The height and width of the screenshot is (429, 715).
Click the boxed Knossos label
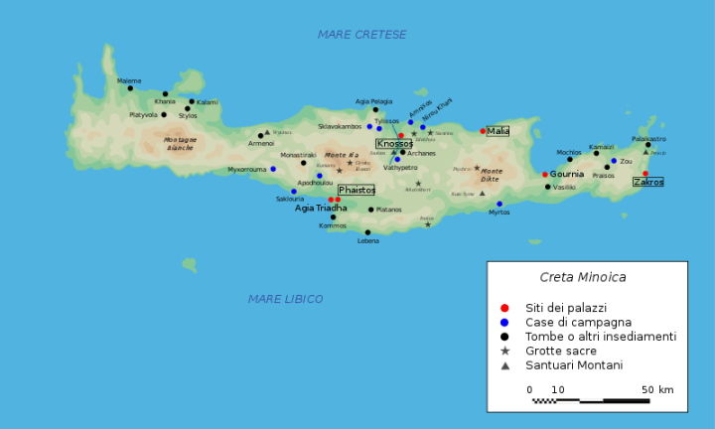tap(394, 143)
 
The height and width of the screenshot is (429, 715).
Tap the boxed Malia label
tap(498, 131)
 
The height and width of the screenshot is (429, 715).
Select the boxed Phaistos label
tap(357, 190)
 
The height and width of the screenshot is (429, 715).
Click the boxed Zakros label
tap(648, 182)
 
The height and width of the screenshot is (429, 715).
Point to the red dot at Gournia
tap(544, 174)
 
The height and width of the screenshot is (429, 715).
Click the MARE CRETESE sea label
tap(361, 35)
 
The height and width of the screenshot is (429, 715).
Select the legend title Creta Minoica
tap(582, 277)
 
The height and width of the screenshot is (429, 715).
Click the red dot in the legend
tap(504, 308)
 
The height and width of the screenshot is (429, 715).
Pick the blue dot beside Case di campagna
tap(504, 323)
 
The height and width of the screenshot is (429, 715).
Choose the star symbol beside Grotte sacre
tap(504, 352)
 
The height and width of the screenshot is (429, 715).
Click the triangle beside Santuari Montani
tap(504, 365)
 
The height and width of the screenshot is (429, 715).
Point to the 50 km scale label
tap(658, 389)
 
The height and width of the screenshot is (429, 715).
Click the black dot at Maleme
tap(130, 88)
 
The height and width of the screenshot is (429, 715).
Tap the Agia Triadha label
tap(321, 209)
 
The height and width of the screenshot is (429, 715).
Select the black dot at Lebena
tap(367, 232)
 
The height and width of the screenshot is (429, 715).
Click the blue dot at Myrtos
tap(500, 204)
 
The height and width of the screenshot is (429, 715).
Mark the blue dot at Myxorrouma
tap(273, 169)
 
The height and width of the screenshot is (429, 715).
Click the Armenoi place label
tap(261, 144)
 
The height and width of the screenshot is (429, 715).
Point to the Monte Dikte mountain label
tap(492, 175)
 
